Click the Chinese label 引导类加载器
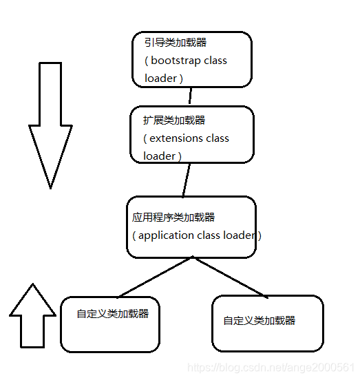[175, 43]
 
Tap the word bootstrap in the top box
[176, 61]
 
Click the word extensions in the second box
[176, 138]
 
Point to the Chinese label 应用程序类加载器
[173, 217]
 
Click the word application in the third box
[167, 235]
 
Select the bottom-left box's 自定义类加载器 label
[113, 314]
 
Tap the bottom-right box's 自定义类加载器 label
[260, 321]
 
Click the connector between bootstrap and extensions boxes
[191, 96]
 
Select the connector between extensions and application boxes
[185, 180]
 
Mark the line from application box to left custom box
[156, 277]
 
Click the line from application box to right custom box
[231, 277]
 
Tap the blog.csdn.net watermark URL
[271, 368]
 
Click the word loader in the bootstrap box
[160, 78]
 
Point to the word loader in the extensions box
[159, 156]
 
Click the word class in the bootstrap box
[215, 61]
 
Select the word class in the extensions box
[217, 138]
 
